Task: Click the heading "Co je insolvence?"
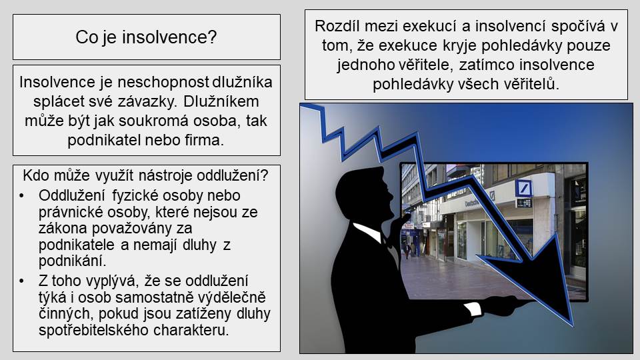coord(146,37)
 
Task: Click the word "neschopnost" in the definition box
coord(163,82)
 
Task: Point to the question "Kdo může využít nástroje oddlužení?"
coord(146,175)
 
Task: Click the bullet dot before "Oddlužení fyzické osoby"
coord(21,196)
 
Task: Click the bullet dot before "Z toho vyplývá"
coord(21,281)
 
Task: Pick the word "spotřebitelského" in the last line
coord(90,330)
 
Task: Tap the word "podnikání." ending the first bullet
coord(72,261)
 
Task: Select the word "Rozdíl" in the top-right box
coord(337,26)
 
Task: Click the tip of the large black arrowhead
coord(573,326)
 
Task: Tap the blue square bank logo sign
coord(523,188)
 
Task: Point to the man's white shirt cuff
coord(473,309)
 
